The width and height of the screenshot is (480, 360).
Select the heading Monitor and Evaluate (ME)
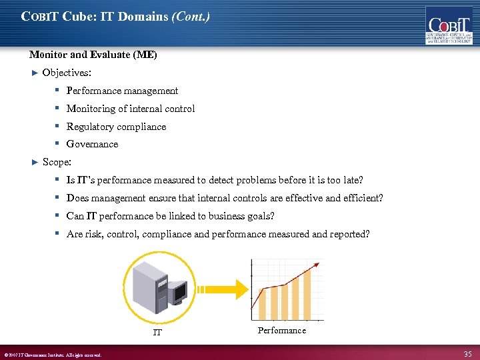click(x=93, y=55)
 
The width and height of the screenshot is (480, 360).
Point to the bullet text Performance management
click(x=122, y=91)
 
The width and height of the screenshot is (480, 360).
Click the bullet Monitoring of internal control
click(x=131, y=109)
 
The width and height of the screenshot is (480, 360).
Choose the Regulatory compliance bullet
click(x=116, y=127)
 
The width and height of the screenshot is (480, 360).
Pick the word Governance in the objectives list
click(x=92, y=144)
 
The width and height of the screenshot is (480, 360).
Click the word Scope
click(x=56, y=162)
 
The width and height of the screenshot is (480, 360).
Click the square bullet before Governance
click(x=58, y=143)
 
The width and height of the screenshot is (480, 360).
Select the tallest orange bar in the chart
click(x=307, y=294)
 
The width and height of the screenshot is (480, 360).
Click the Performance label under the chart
click(x=281, y=331)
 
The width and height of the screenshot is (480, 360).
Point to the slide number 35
click(x=467, y=354)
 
